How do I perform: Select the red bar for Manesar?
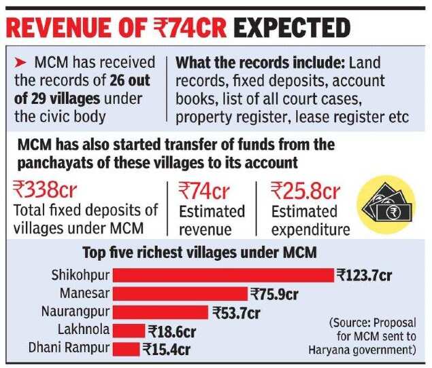[180, 294]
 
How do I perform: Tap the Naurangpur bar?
[160, 312]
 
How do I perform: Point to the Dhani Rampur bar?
[126, 349]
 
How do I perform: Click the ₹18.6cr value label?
[171, 331]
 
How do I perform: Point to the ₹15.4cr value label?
[167, 350]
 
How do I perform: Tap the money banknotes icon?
[386, 202]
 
